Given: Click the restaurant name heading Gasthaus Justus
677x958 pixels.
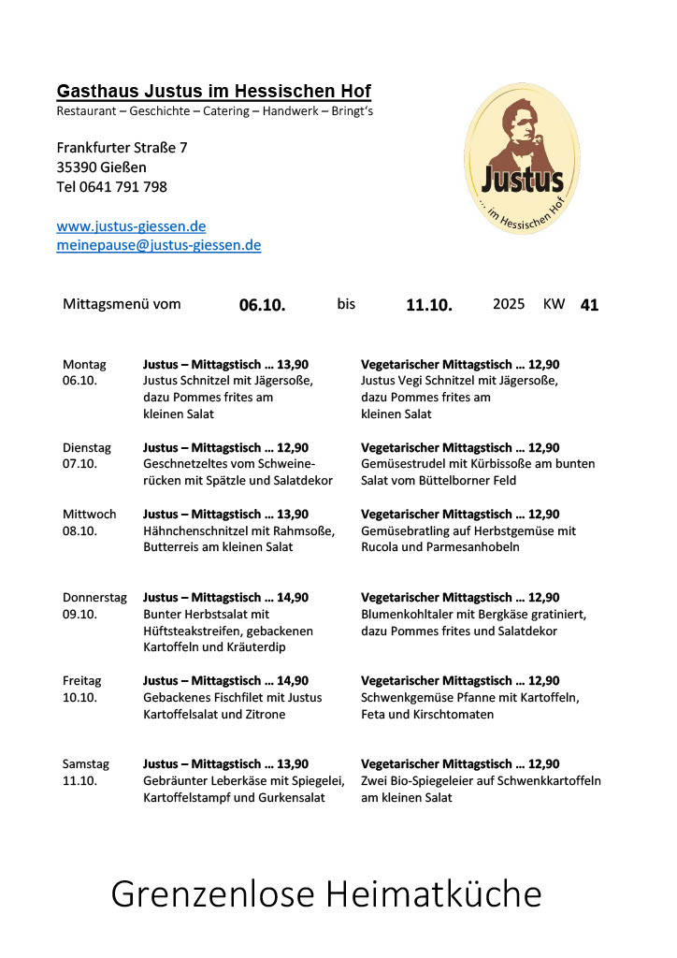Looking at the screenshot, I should coord(213,92).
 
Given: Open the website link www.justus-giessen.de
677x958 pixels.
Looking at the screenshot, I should coord(131,226).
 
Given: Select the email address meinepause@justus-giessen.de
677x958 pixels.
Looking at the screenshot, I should coord(158,245).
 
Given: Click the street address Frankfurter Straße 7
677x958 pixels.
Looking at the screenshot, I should coord(122,148).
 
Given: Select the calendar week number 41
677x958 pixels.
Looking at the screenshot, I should coord(589,305).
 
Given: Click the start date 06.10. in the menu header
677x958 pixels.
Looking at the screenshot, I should coord(262,305).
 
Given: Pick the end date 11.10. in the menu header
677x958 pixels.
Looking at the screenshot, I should coord(429,305).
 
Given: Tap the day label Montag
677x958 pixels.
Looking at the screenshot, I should coord(84,365).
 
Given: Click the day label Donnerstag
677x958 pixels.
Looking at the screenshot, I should coord(94,598).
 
